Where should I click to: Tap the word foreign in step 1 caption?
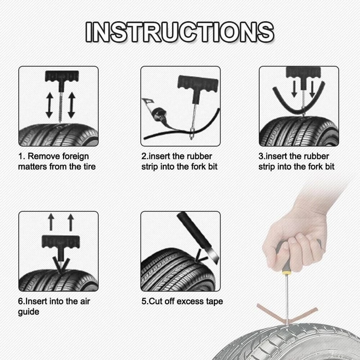(x=76, y=156)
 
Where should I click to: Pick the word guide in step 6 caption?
(x=28, y=311)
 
